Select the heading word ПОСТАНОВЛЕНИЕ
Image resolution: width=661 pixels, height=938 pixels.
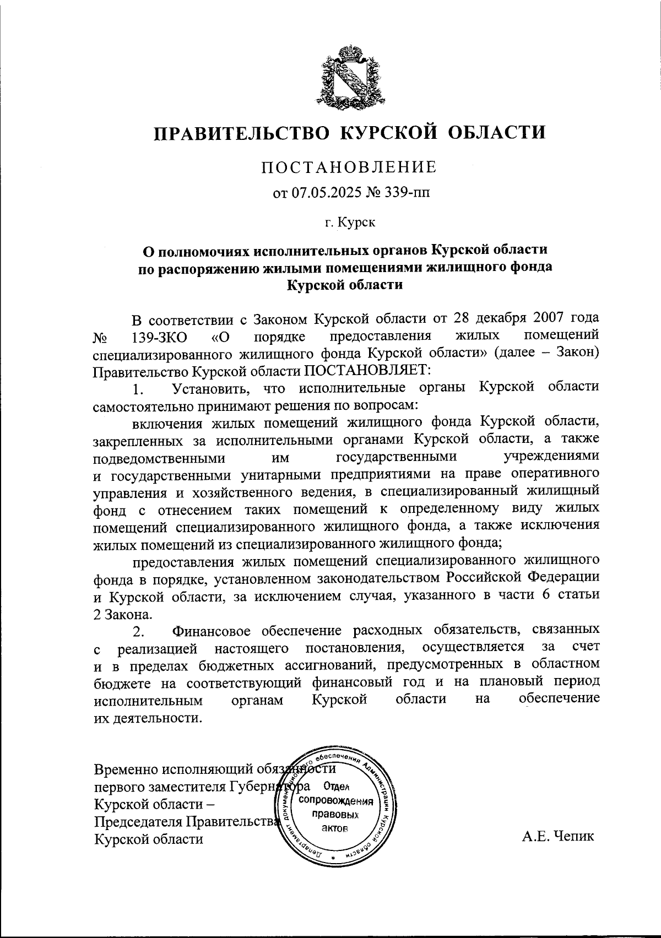(349, 167)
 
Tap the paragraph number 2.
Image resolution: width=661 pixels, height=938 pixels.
(138, 631)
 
